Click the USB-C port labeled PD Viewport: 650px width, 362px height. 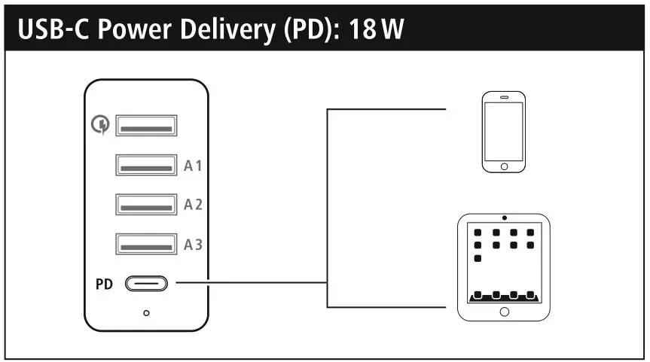146,284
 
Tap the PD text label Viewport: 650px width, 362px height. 104,285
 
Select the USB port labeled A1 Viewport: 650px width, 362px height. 146,165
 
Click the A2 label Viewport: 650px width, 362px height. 194,205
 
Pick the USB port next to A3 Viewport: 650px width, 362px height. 146,245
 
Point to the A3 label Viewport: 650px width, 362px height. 194,245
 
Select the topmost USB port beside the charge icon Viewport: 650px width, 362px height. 146,125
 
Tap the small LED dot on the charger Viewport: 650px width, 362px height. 146,312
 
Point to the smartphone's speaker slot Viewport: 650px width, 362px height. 504,98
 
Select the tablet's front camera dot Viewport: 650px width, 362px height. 504,218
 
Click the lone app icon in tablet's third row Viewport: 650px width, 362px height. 478,258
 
